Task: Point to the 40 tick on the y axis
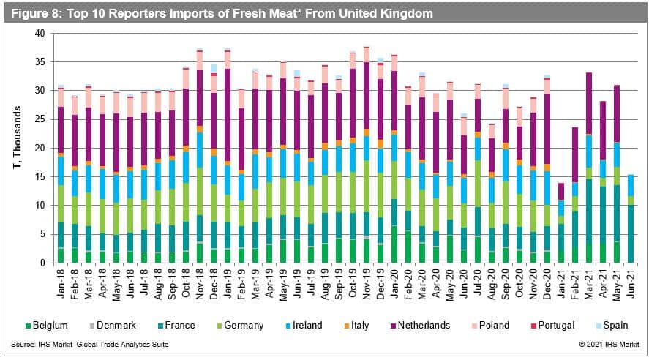coord(40,34)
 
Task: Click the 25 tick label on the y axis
coord(40,119)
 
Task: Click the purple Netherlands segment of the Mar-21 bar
coord(589,103)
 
